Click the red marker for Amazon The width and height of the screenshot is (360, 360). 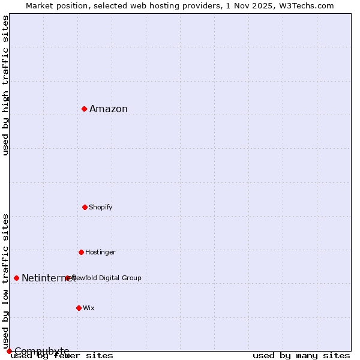coord(85,109)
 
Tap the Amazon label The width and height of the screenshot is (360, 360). coord(109,109)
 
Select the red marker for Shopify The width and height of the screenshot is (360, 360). coord(85,207)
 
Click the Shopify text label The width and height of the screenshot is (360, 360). coord(101,207)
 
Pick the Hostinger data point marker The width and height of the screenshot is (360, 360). coord(81,252)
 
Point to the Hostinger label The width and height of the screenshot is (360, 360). coord(100,252)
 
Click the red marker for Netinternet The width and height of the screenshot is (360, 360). coord(16,278)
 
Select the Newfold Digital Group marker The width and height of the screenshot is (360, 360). coord(67,278)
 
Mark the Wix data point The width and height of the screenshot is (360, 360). coord(79,308)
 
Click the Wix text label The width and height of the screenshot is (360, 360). coord(89,308)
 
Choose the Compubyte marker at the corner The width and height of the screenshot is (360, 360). coord(9,351)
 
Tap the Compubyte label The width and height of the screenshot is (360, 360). coord(42,350)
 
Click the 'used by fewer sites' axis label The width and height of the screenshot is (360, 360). coord(62,355)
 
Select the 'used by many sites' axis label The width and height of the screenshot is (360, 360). coord(301,355)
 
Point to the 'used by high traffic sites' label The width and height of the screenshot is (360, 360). coord(5,85)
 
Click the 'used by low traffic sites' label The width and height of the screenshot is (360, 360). coord(5,281)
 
